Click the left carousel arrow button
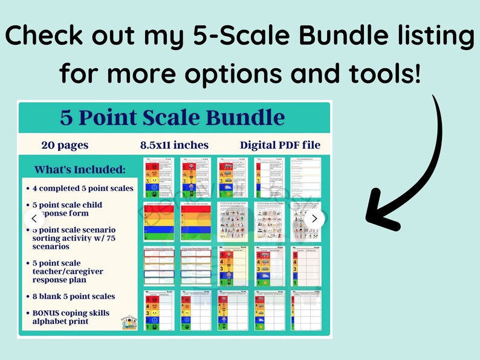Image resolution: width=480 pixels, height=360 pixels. (34, 219)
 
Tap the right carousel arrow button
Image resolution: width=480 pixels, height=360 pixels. (314, 219)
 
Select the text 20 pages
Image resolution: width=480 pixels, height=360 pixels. (65, 145)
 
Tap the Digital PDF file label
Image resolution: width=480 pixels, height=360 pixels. (280, 145)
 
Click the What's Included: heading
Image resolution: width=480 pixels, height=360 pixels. (80, 170)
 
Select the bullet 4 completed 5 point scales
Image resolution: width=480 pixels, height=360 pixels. (83, 188)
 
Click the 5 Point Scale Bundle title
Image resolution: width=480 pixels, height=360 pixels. (172, 117)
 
